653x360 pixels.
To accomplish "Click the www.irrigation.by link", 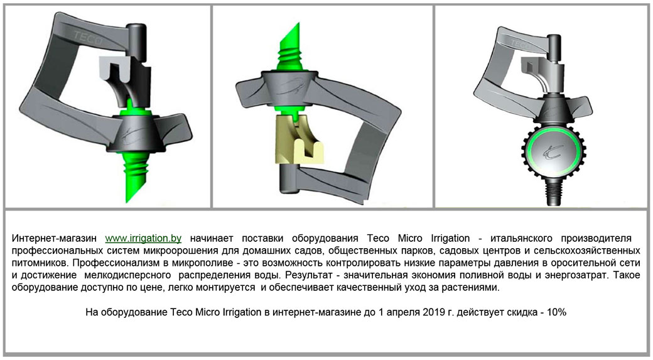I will coord(143,238).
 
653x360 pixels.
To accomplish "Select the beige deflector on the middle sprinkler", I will coord(296,139).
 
